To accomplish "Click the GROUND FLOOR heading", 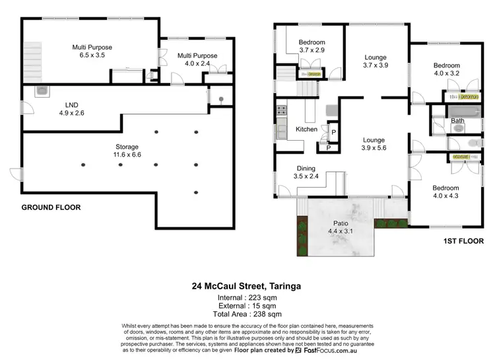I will tap(51, 207).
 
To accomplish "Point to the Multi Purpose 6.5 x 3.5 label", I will tap(92, 52).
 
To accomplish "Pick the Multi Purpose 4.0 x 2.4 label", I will tap(197, 61).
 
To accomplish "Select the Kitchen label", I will tap(306, 129).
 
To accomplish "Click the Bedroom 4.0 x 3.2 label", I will tap(446, 70).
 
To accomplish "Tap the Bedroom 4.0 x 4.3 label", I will tap(445, 192).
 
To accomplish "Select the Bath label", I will tap(457, 121).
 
